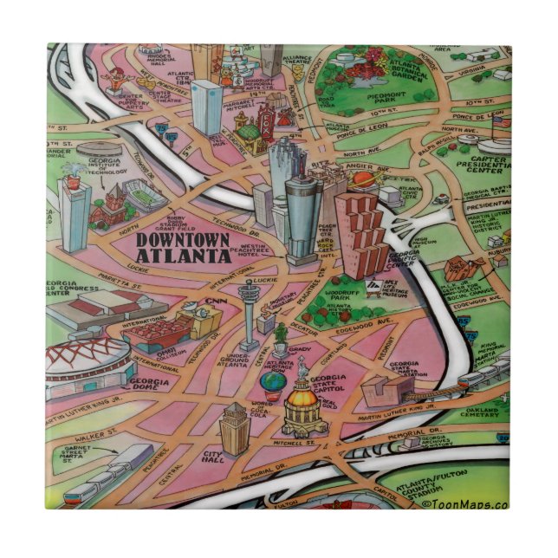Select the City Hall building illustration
[x=234, y=429]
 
